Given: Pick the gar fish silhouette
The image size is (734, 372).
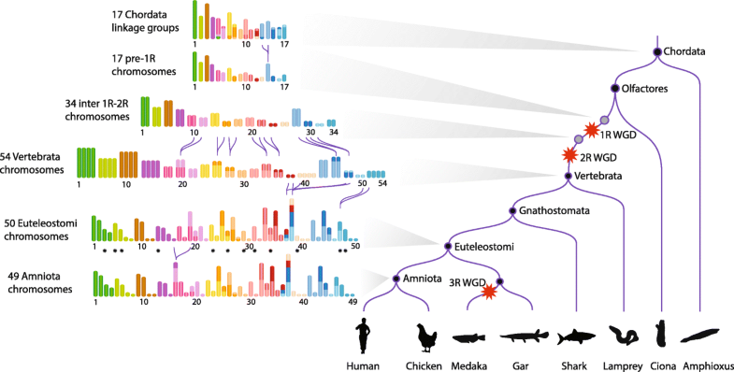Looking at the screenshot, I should tap(525, 337).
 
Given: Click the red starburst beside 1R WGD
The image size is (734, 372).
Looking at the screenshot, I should tap(591, 132).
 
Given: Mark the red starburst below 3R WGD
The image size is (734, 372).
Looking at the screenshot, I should tap(486, 293).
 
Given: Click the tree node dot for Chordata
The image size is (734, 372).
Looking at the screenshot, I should tap(657, 51).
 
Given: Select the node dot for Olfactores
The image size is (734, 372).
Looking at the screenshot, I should tap(615, 89).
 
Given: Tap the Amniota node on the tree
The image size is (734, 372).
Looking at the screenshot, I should tap(396, 279).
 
